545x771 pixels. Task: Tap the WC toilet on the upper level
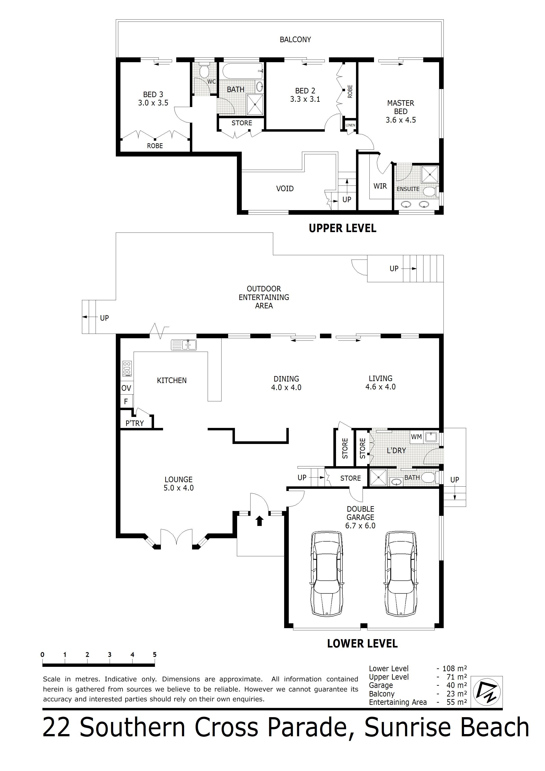coord(204,70)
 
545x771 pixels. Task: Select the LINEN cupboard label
coord(350,125)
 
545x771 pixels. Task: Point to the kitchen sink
coord(184,345)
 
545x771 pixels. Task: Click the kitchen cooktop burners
coord(127,368)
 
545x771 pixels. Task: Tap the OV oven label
coord(126,388)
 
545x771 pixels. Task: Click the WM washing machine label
coord(416,437)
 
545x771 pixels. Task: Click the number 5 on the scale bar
coord(155,655)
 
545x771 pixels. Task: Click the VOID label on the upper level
coord(285,189)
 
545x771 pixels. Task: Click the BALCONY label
coord(296,40)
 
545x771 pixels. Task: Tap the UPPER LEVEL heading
coord(343,228)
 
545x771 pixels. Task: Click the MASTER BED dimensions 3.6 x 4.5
coord(401,120)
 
